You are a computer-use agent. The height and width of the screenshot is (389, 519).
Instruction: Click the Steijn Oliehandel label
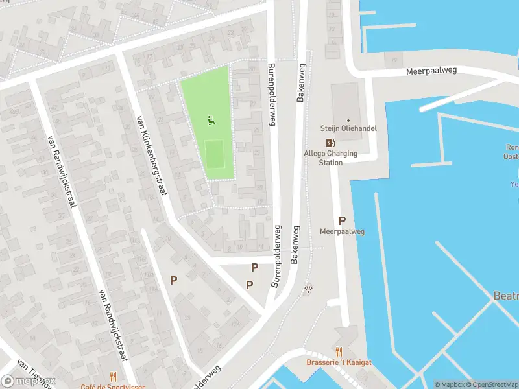pos(348,128)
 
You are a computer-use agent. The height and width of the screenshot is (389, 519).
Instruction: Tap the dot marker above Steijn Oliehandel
pos(348,120)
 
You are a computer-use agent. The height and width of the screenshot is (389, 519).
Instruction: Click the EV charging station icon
pos(331,143)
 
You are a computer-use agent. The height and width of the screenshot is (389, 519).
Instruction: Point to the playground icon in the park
pos(211,120)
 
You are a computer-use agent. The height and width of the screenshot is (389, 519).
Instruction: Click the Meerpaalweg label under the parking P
pos(342,231)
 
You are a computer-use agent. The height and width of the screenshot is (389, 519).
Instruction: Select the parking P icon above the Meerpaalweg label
pos(342,220)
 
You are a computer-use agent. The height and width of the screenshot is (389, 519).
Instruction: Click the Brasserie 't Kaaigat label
pos(339,363)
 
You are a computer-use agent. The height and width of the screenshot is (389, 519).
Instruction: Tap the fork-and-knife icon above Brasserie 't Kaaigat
pos(339,351)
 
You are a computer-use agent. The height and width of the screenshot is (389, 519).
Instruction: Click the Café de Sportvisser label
pos(113,386)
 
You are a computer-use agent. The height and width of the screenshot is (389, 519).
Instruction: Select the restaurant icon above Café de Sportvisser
pos(113,376)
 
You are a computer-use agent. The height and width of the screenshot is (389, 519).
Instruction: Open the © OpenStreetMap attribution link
pos(491,384)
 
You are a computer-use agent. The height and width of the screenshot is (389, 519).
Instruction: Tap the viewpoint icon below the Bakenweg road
pos(309,290)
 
